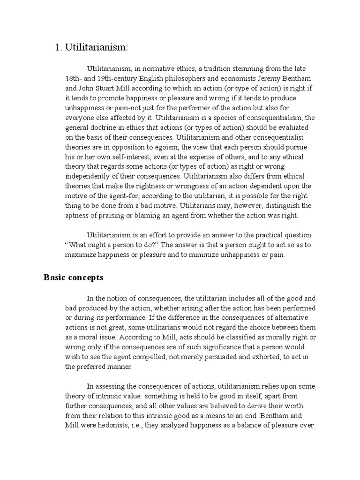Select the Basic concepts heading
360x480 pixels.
[x=73, y=277]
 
